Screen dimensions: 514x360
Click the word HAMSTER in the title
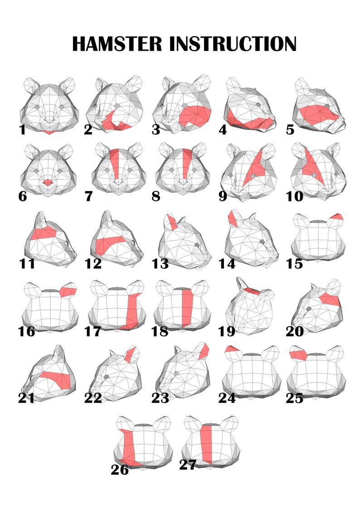[117, 44]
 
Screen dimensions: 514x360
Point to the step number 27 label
[188, 465]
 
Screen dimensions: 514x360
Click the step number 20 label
[294, 331]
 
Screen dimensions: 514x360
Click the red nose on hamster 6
[48, 182]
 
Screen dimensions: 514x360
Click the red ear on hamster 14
[232, 219]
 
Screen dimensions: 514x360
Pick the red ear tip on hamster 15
[337, 216]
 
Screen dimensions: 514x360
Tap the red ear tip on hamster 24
[232, 349]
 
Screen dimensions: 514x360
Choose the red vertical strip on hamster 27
[207, 444]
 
